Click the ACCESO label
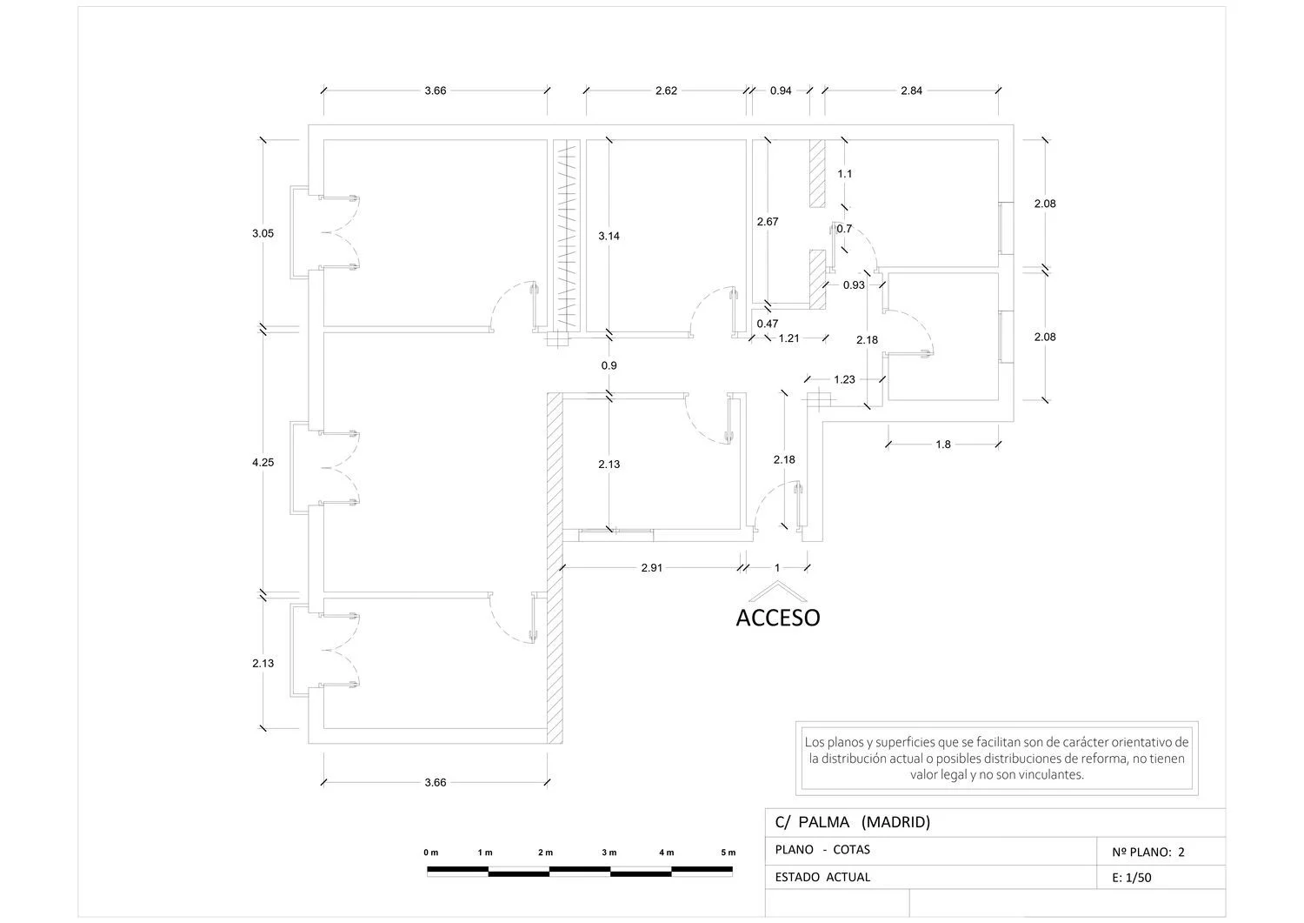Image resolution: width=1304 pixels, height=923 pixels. (x=778, y=618)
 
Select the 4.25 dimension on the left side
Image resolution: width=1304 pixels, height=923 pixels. (x=263, y=463)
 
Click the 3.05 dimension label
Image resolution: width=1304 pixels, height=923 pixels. (x=263, y=234)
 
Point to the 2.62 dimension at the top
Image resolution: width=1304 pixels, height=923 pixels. (x=666, y=90)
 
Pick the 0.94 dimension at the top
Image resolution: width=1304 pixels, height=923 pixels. (x=781, y=90)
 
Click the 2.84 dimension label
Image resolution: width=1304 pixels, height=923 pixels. (x=911, y=90)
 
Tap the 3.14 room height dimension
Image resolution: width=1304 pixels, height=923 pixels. (x=609, y=236)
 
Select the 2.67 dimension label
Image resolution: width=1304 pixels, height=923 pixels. (x=768, y=222)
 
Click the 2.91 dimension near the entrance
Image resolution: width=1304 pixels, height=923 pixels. (x=651, y=567)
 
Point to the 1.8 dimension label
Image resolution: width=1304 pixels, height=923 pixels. (x=943, y=445)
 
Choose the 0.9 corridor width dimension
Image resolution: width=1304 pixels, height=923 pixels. (x=609, y=366)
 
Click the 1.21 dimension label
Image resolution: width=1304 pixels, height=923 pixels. (x=788, y=338)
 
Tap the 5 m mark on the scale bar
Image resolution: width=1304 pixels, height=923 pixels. (x=729, y=853)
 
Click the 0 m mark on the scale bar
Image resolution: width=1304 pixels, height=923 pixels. (x=431, y=853)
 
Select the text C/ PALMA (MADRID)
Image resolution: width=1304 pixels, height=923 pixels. (x=853, y=822)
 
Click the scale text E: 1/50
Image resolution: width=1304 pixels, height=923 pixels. (x=1132, y=878)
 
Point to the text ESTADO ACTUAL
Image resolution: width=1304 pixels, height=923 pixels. (x=822, y=877)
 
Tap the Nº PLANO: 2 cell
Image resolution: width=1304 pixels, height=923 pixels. (x=1148, y=852)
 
